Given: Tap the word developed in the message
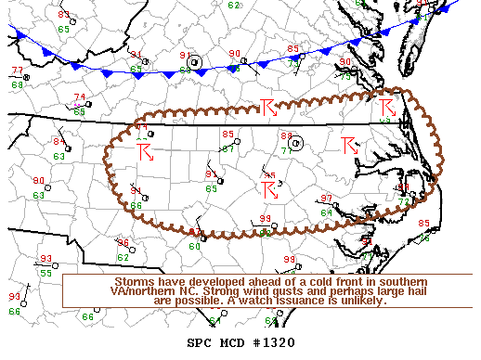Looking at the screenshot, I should [201, 281].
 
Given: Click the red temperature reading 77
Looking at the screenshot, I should [18, 71].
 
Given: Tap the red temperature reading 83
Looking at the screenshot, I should [63, 15].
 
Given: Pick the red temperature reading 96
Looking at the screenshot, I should [122, 242].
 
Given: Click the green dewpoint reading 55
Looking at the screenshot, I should [45, 273].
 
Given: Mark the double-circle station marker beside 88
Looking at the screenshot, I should [296, 143].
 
